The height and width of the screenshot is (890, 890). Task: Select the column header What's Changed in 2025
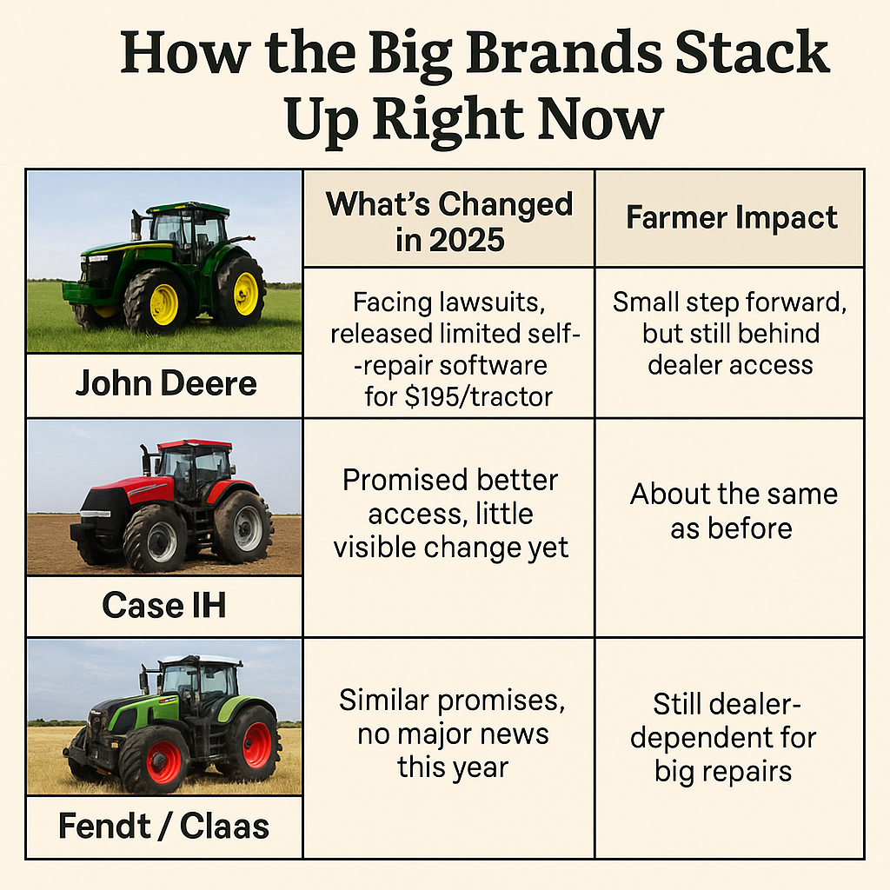tap(449, 222)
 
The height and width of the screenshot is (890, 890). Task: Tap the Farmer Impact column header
tap(732, 217)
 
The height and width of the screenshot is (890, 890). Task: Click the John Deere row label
tap(166, 383)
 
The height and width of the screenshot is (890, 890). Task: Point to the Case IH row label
tap(164, 605)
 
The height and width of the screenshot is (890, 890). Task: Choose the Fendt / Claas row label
tap(164, 826)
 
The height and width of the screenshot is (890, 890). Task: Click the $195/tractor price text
tap(479, 396)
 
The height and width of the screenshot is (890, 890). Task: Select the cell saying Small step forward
tap(730, 333)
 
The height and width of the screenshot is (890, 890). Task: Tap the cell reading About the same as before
tap(734, 511)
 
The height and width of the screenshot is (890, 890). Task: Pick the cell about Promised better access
tap(451, 514)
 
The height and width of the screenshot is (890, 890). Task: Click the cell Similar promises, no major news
tap(452, 734)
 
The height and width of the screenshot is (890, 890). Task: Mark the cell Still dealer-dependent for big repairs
tap(724, 737)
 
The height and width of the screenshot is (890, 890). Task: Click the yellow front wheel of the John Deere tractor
tap(163, 304)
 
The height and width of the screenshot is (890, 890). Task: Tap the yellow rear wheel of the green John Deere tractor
tap(246, 294)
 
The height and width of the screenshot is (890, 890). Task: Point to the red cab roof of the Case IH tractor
tap(194, 444)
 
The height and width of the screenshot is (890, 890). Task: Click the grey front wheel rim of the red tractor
tap(162, 541)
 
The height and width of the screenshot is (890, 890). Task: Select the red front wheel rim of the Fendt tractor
tap(163, 761)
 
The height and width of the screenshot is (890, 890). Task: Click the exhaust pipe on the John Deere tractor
tap(136, 225)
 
